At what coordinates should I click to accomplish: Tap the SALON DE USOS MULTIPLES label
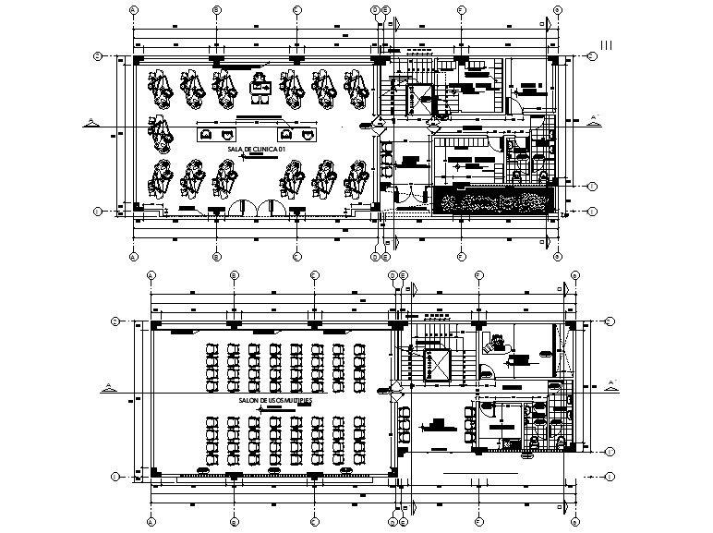tap(273, 402)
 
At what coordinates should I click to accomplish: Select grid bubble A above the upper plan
tap(134, 10)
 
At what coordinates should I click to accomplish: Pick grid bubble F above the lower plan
tap(479, 275)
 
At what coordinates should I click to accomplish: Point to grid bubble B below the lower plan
tap(234, 522)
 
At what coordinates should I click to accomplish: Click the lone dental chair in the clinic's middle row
tap(161, 131)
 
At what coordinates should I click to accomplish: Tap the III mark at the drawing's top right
tap(608, 43)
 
